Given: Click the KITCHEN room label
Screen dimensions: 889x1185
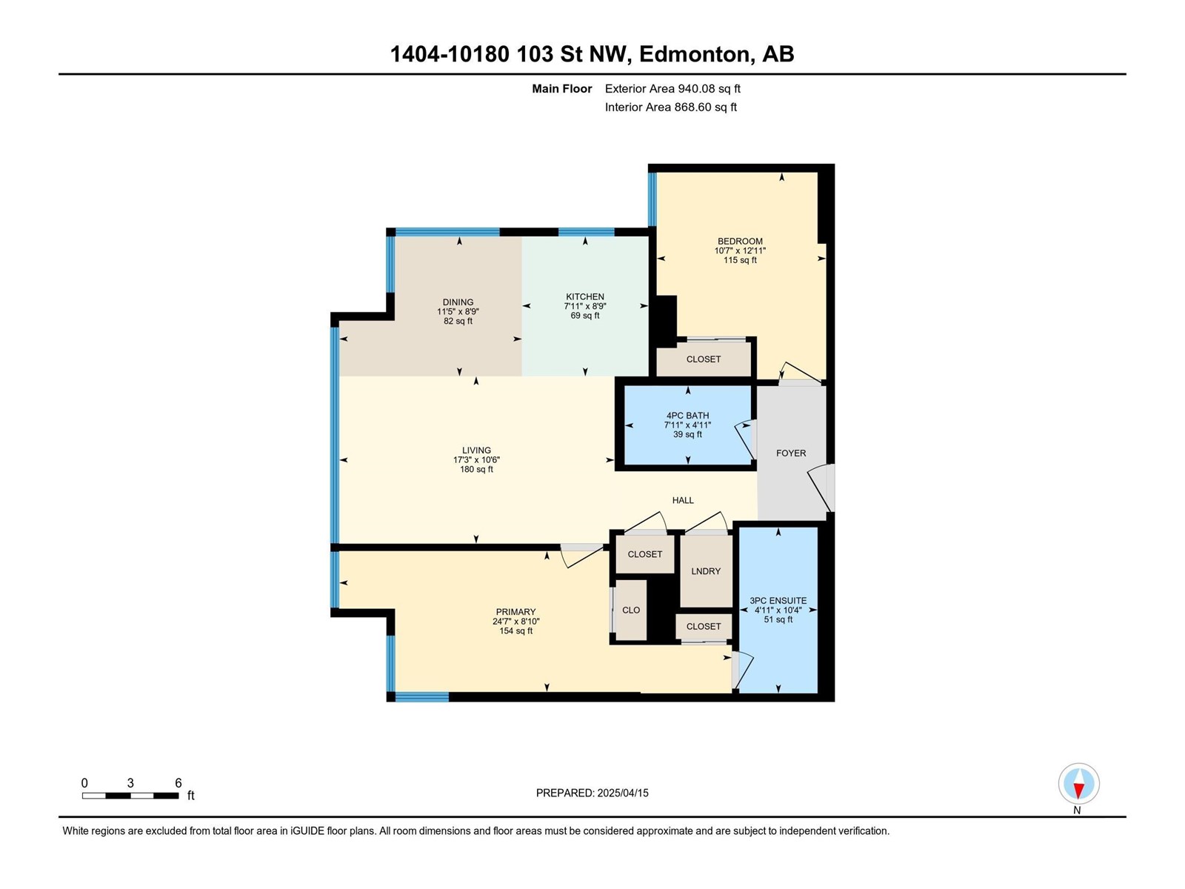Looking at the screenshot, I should (585, 297).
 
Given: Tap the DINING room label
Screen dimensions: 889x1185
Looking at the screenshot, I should (458, 302).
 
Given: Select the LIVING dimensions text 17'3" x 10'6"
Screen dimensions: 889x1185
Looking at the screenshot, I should (476, 460).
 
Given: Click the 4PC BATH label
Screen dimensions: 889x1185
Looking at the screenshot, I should (687, 416).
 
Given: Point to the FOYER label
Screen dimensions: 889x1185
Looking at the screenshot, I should (791, 453).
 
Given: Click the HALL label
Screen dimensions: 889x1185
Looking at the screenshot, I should (683, 501).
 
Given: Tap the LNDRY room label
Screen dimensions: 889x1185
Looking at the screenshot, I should (706, 571).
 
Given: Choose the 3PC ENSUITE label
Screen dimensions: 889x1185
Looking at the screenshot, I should (778, 601).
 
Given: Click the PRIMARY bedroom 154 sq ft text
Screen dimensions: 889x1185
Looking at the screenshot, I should (515, 631).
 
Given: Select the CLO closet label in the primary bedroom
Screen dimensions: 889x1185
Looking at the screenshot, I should (631, 610).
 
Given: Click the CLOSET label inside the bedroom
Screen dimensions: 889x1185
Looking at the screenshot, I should (703, 359).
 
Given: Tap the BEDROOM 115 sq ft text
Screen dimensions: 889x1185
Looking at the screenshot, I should (740, 260).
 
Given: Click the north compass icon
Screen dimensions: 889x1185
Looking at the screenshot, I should (1078, 784).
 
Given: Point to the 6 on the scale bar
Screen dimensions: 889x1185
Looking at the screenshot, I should (178, 783).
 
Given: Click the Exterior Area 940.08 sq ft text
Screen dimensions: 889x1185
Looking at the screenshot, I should (672, 89).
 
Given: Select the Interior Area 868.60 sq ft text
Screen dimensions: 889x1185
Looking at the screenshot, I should (670, 107).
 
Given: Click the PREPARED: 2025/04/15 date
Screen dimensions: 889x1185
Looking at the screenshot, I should (592, 793).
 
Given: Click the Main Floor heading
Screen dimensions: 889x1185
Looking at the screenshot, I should (561, 89).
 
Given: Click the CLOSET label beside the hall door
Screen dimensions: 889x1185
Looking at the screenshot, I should (644, 554).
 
